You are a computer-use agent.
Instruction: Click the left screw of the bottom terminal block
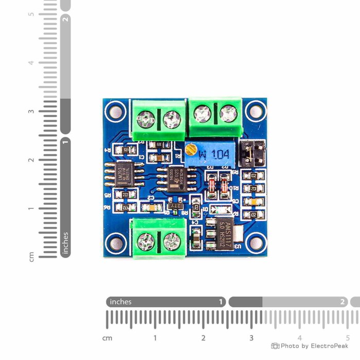coord(147,240)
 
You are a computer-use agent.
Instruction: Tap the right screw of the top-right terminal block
coord(228,113)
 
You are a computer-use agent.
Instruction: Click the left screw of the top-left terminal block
coord(146,121)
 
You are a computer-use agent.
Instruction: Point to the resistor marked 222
coord(125,194)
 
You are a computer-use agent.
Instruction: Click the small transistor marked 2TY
coord(175,205)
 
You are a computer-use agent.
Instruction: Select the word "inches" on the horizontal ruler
coord(121,302)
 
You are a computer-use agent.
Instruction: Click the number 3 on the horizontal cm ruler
coord(251,338)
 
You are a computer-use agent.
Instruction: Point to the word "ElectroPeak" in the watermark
coord(330,346)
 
